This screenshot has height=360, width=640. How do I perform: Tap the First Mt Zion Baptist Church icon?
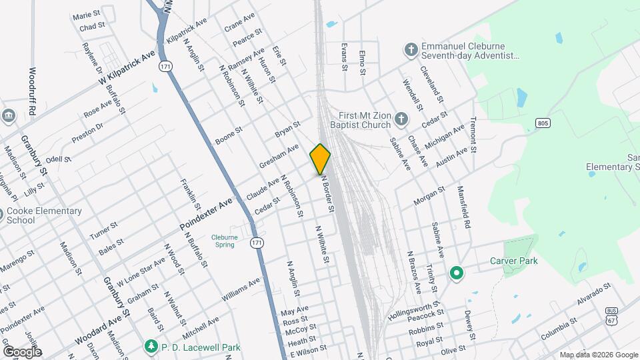click(x=401, y=119)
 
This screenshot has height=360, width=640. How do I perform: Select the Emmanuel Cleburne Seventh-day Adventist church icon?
click(x=411, y=49)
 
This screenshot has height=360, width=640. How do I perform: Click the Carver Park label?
click(x=513, y=261)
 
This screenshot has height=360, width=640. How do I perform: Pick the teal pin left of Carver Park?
click(x=457, y=272)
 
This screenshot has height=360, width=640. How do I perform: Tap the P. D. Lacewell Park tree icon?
click(x=151, y=346)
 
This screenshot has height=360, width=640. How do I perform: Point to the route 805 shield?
click(x=543, y=123)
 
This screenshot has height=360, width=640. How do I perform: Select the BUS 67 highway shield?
click(x=611, y=315)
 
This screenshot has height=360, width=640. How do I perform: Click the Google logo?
click(x=22, y=351)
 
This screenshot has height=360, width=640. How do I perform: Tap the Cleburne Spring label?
click(x=223, y=241)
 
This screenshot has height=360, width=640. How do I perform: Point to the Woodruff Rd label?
click(x=32, y=92)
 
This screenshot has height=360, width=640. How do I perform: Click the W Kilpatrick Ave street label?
click(x=127, y=68)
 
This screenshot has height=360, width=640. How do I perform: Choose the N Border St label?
click(x=327, y=194)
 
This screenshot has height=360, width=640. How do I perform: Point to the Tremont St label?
click(x=474, y=135)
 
